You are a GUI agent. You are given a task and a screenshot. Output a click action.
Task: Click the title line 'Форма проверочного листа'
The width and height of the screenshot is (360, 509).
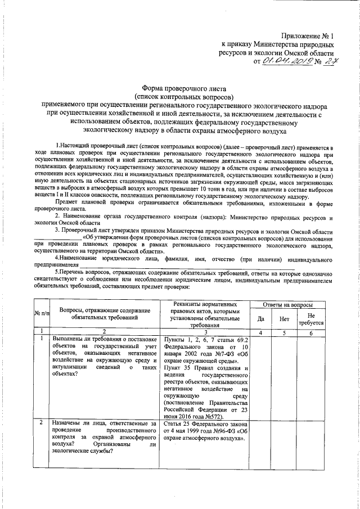point(179,88)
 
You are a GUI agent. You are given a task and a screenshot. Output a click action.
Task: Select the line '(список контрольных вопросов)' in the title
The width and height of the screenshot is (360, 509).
point(179,96)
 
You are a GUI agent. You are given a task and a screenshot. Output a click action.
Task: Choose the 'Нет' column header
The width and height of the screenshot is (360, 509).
point(285,318)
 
